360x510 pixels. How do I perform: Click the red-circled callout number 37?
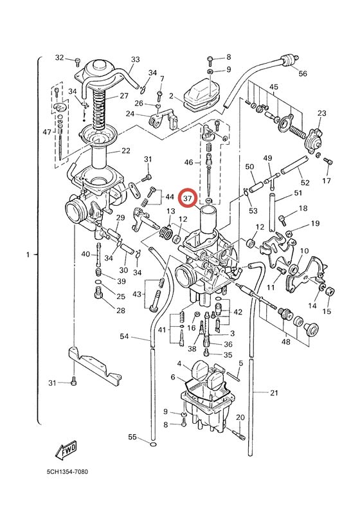point(188,199)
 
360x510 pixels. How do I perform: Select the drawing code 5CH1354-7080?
point(67,472)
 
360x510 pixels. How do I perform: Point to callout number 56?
point(303,73)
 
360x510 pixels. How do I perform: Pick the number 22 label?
point(125,150)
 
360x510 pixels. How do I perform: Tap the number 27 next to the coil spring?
point(125,96)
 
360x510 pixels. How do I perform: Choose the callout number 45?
point(273,87)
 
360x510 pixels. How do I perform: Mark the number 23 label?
point(321,113)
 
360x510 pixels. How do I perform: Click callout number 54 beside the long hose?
point(125,336)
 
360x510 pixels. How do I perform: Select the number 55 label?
point(132,437)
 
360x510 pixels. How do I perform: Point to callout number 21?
point(274,392)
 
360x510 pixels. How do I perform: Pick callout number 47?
point(46,132)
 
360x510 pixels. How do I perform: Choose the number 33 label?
point(135,60)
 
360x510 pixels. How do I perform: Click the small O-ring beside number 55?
point(152,443)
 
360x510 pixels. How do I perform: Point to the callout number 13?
point(171,212)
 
